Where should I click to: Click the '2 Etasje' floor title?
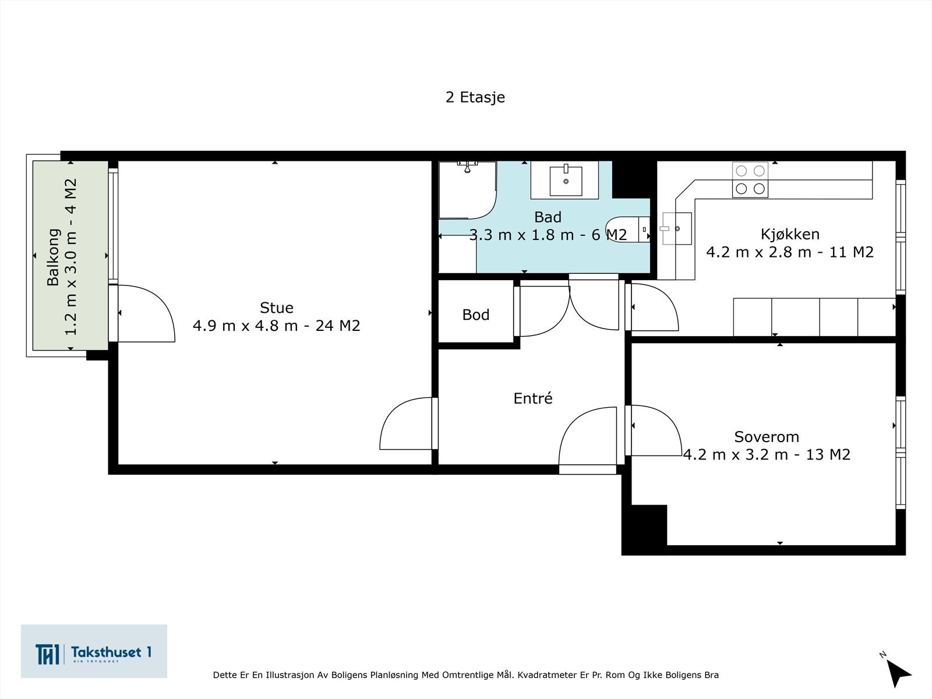(x=475, y=97)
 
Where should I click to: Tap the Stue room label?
(x=277, y=308)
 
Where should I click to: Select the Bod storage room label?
(x=475, y=315)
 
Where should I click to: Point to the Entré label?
(x=533, y=398)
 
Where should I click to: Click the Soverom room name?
(x=767, y=437)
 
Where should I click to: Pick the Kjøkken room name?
(x=790, y=234)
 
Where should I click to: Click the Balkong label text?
(x=53, y=257)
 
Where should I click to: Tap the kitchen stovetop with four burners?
(x=750, y=179)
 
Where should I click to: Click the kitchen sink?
(x=676, y=229)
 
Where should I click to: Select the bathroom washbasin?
(x=566, y=181)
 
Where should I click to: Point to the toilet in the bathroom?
(x=627, y=229)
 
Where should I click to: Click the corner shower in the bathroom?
(x=467, y=190)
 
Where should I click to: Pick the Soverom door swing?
(x=656, y=430)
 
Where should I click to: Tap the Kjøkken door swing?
(x=654, y=307)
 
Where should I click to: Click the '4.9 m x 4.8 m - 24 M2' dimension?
(x=277, y=326)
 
